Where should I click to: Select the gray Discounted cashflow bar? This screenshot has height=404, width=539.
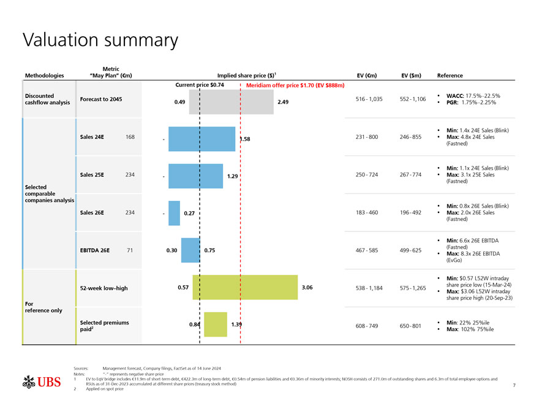(x=231, y=102)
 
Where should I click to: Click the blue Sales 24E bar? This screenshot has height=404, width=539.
(x=202, y=139)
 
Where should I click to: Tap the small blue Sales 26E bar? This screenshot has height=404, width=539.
(x=174, y=213)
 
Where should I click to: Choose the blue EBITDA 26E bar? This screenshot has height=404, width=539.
(x=190, y=250)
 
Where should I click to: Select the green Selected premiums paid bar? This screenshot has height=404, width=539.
(x=215, y=324)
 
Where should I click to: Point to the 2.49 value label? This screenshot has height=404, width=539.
(x=284, y=102)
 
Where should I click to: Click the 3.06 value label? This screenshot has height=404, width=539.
(x=307, y=287)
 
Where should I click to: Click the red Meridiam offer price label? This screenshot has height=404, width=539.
(x=295, y=85)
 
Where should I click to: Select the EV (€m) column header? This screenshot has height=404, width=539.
(x=366, y=76)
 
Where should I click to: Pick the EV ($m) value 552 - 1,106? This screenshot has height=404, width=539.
(x=410, y=99)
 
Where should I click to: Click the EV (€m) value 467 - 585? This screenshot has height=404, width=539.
(x=366, y=250)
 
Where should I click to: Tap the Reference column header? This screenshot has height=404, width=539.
(x=450, y=76)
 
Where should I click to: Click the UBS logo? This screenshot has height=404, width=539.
(x=41, y=383)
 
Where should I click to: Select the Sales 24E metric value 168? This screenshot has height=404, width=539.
(x=130, y=136)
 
